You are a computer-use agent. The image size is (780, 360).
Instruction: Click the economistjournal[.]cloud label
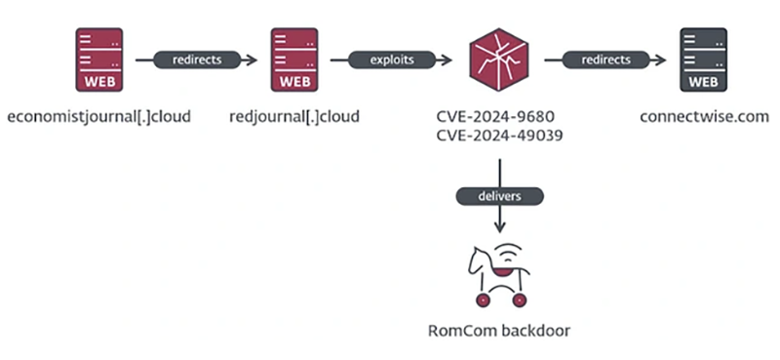(99, 116)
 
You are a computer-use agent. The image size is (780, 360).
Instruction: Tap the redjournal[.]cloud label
(294, 116)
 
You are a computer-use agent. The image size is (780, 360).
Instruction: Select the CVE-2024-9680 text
(495, 116)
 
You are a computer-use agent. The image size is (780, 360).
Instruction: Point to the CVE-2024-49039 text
(499, 135)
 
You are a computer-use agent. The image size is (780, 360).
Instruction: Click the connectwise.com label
(704, 116)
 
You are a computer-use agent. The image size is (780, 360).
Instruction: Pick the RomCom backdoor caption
(499, 331)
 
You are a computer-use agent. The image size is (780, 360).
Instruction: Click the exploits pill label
(392, 60)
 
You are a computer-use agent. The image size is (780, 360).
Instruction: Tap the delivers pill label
(499, 196)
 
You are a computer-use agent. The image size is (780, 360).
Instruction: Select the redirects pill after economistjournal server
(197, 60)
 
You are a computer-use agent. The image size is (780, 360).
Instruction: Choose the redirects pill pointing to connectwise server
(605, 60)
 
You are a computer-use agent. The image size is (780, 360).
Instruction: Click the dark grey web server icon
(703, 60)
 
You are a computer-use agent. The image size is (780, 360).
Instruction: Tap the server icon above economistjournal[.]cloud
(99, 60)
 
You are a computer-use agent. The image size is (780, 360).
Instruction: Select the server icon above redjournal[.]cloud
(294, 60)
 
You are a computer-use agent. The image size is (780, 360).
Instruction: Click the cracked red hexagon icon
(498, 60)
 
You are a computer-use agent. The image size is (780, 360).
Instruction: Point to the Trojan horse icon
(499, 275)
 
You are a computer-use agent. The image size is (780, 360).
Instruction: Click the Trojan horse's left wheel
(483, 300)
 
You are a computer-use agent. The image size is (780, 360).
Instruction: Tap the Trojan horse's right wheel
(519, 300)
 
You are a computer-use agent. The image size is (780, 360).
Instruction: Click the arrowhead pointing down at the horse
(499, 227)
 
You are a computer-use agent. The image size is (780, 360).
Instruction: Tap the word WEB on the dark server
(703, 82)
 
